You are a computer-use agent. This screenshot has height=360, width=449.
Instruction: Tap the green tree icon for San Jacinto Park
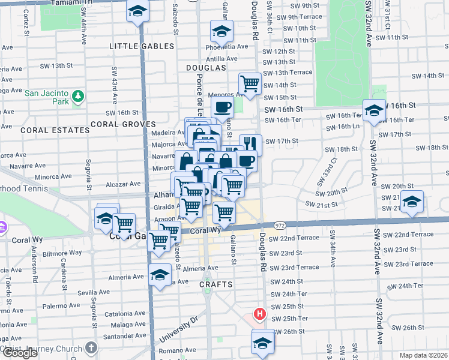[x=77, y=97]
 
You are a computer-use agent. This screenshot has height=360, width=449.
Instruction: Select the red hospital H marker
[x=260, y=313]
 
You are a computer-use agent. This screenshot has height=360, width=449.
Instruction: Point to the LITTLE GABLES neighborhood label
[x=142, y=46]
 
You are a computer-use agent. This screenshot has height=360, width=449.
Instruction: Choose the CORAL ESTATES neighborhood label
[x=46, y=130]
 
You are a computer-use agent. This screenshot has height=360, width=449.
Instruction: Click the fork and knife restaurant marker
[x=250, y=143]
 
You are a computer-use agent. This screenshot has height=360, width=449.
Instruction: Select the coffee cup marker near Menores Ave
[x=223, y=107]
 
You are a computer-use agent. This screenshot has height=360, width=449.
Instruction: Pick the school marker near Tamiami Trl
[x=137, y=11]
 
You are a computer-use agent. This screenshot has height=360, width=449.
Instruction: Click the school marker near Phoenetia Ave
[x=221, y=31]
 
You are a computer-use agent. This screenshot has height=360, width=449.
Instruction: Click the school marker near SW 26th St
[x=262, y=343]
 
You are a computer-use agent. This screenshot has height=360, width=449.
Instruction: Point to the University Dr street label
[x=178, y=329]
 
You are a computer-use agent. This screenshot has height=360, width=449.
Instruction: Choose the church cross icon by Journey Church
[x=91, y=347]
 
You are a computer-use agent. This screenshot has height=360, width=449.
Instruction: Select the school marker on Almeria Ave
[x=160, y=275]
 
